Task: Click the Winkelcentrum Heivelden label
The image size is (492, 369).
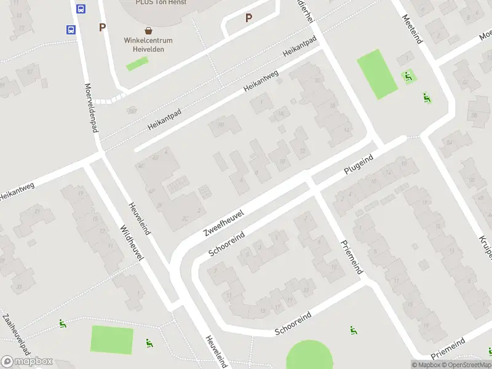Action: pos(149,45)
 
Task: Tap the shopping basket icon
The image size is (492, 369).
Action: pos(149,30)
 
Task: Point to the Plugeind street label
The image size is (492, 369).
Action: pos(359,166)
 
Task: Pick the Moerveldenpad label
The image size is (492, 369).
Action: pos(91,108)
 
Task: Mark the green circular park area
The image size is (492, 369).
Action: pos(309,356)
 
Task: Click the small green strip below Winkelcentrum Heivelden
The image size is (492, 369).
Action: pos(137,63)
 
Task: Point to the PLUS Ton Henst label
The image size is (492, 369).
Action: pos(161,2)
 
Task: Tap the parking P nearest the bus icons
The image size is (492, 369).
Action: pos(102,27)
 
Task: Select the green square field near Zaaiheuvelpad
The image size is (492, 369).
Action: pos(112,340)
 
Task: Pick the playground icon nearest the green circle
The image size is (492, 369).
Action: pos(354,331)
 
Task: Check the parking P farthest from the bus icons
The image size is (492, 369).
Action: pos(248,18)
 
